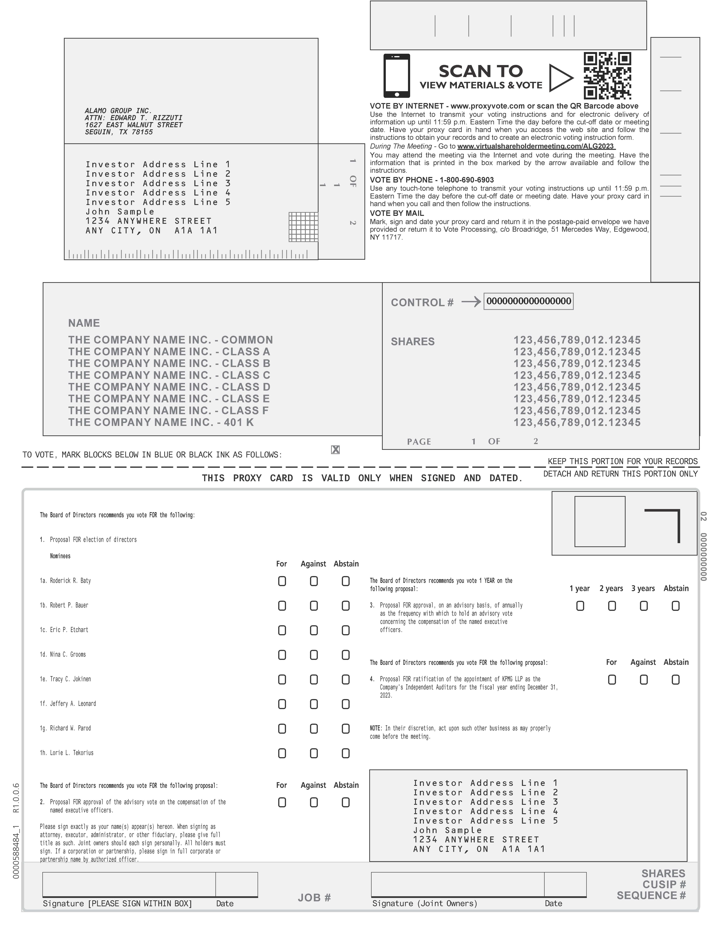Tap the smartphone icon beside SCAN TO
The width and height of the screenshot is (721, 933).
click(x=396, y=76)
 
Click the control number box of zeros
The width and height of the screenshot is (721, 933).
click(x=528, y=301)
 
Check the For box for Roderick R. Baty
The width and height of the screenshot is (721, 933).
click(x=282, y=581)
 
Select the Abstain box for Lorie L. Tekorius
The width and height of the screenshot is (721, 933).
click(x=346, y=753)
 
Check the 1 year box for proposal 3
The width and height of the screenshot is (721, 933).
click(x=580, y=606)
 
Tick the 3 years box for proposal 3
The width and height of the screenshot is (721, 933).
click(x=644, y=606)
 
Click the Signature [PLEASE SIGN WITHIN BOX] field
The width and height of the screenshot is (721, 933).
click(x=129, y=884)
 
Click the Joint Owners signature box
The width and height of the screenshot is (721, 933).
click(x=457, y=884)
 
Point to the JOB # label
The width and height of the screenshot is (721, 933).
click(x=314, y=898)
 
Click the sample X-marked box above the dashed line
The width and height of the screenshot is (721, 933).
click(x=335, y=449)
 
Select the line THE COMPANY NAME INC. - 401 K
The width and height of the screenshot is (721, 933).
click(x=161, y=423)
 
